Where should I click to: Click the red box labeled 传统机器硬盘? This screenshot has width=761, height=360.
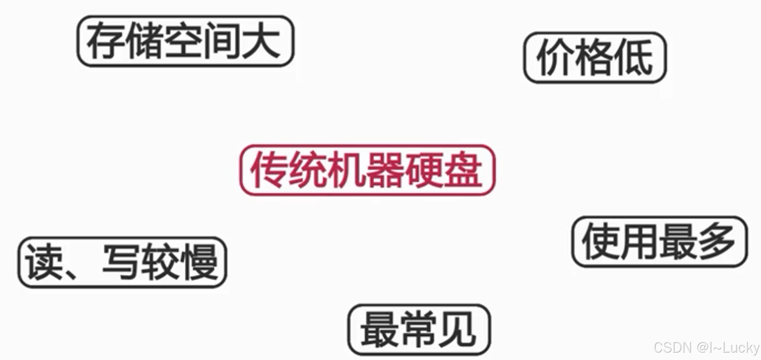[368, 170]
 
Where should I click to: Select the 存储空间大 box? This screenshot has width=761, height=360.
[185, 41]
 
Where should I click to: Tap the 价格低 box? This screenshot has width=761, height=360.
[595, 58]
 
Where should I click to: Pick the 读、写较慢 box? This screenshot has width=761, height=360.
[122, 262]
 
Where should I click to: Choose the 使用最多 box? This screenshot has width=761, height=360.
[659, 242]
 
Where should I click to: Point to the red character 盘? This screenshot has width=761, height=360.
[464, 170]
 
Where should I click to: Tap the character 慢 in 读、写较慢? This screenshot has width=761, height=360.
[201, 262]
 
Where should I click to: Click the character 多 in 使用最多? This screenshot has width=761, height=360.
[716, 241]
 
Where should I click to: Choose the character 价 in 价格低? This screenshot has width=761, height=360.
[554, 58]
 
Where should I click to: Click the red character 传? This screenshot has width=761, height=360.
[269, 170]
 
